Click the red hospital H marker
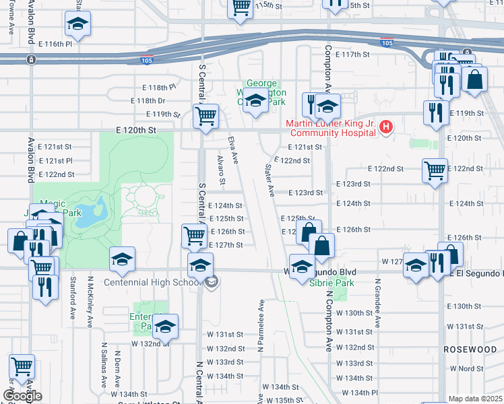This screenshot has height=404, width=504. [x=385, y=127]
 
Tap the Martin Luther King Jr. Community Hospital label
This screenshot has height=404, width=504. [x=330, y=128]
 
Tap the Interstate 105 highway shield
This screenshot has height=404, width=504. [x=147, y=61]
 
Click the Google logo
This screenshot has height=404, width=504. [x=22, y=395]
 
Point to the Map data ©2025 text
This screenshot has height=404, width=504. [x=476, y=399]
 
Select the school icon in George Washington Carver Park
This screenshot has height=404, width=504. [x=255, y=102]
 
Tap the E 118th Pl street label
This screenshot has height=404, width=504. [x=158, y=88]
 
